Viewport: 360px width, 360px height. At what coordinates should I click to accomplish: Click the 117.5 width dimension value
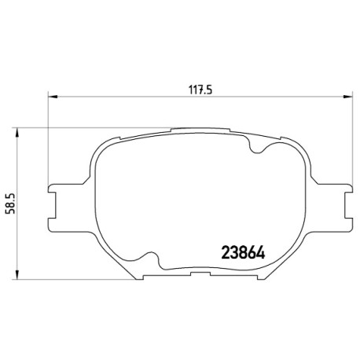click(x=200, y=90)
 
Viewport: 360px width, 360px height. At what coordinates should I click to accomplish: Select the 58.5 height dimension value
click(x=10, y=204)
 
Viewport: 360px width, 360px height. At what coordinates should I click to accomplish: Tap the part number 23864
click(x=243, y=252)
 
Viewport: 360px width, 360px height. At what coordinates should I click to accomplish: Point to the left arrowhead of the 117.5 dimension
click(x=53, y=97)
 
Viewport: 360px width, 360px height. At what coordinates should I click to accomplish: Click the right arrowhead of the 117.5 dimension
click(x=347, y=97)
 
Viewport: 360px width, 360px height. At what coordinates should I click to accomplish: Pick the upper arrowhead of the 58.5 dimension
click(x=17, y=132)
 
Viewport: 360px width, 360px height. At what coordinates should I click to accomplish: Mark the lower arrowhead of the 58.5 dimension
click(x=17, y=275)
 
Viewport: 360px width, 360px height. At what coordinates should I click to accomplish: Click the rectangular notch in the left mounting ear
click(x=53, y=205)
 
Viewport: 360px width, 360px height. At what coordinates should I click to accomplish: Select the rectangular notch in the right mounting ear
click(x=348, y=205)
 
